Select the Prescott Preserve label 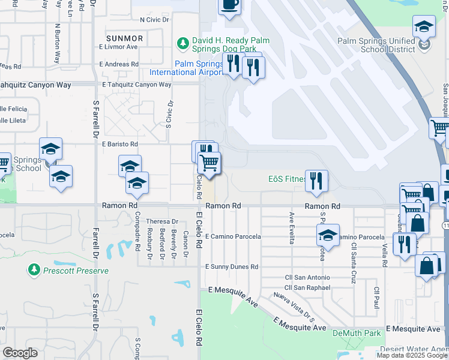pos(75,271)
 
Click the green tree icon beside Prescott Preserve pos(34,271)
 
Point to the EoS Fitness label pos(287,179)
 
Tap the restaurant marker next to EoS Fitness pos(316,181)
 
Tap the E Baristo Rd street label pos(120,144)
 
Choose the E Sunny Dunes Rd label pos(232,266)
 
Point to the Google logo pos(20,353)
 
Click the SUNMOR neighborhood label pos(124,38)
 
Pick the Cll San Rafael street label pos(307,287)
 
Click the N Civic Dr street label pos(154,19)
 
